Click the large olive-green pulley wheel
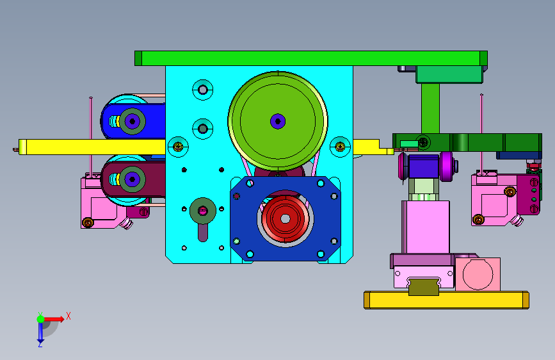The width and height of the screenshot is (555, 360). pyautogui.click(x=278, y=121)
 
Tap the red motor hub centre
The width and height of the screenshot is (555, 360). pyautogui.click(x=286, y=218)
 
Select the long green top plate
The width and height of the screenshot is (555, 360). pyautogui.click(x=310, y=58)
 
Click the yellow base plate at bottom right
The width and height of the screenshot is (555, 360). pyautogui.click(x=446, y=300)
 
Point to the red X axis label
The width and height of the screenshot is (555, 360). pyautogui.click(x=68, y=316)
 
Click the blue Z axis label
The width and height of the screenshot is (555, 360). pyautogui.click(x=40, y=344)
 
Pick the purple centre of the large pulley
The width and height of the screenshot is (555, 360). pyautogui.click(x=278, y=121)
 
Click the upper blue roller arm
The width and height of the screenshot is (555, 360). pyautogui.click(x=133, y=121)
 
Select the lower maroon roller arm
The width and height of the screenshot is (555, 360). pyautogui.click(x=133, y=179)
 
